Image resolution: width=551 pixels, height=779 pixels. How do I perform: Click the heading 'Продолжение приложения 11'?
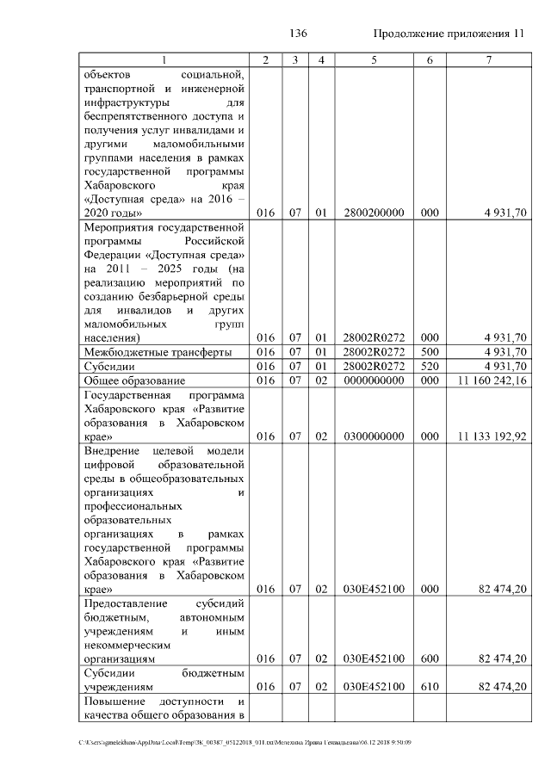click(x=449, y=34)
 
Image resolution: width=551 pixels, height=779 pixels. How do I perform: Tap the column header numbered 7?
click(x=489, y=59)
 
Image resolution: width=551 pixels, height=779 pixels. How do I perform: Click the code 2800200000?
click(x=374, y=212)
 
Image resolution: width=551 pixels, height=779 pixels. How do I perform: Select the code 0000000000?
click(x=374, y=380)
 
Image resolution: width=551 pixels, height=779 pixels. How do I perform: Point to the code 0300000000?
click(x=374, y=436)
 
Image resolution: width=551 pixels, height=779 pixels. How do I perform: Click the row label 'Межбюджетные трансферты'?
click(x=145, y=352)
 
